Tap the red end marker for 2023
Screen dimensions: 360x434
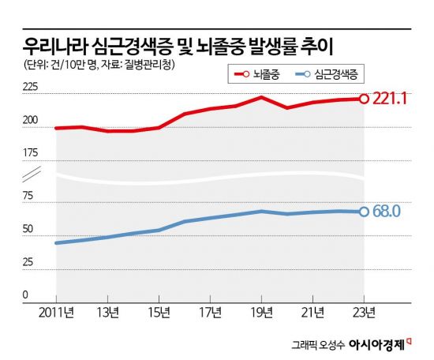coord(364,99)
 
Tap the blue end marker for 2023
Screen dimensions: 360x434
coord(364,212)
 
